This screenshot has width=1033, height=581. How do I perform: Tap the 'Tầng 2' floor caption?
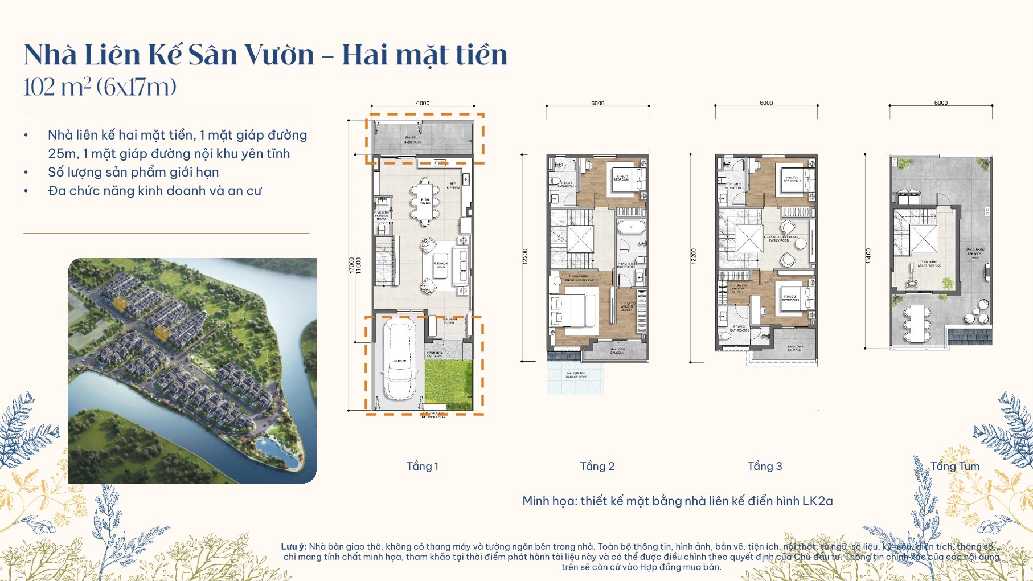597,467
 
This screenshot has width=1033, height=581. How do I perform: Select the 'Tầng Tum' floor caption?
955,467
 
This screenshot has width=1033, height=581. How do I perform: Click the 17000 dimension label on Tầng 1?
351,265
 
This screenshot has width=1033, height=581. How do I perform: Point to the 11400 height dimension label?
868,256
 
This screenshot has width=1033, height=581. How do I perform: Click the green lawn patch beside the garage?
449,384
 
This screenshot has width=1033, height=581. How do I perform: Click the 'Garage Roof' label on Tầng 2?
576,375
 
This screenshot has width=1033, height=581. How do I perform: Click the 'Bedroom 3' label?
790,298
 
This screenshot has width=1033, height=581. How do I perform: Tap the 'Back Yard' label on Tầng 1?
412,140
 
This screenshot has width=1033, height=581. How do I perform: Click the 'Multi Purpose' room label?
929,264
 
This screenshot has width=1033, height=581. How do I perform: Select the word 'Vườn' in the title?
279,55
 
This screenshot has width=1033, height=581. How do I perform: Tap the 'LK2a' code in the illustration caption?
817,501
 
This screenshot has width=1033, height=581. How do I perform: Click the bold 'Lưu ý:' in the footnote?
294,547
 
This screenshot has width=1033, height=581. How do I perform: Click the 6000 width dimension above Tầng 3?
766,103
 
